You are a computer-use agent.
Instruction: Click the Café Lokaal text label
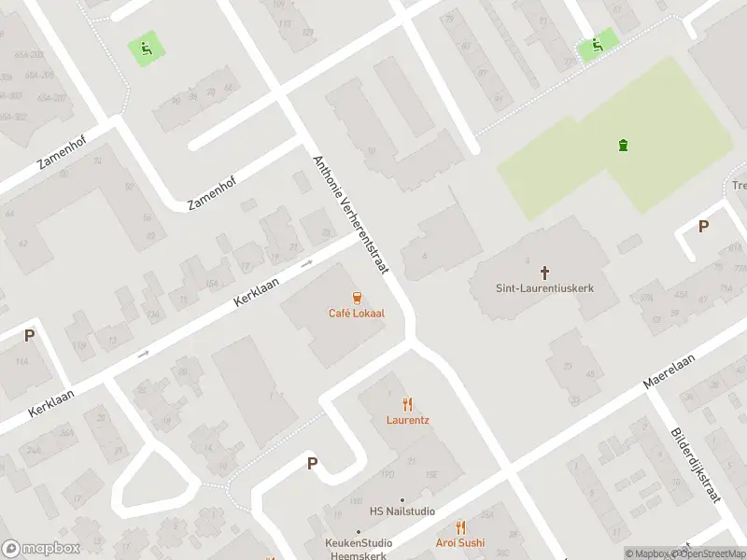(356, 314)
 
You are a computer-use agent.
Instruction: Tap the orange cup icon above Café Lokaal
(356, 298)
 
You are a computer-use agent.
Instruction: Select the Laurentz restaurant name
(408, 420)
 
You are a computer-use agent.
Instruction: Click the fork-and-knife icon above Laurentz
(407, 404)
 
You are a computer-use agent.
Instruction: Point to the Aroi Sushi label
(459, 542)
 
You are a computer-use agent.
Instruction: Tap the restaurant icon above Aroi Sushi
(459, 527)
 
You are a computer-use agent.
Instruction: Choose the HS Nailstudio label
(402, 511)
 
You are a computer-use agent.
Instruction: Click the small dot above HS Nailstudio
(402, 499)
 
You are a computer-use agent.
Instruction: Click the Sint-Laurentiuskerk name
(544, 288)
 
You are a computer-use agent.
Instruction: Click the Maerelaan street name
(670, 370)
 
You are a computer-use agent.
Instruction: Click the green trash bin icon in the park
(623, 144)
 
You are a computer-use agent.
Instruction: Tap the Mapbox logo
(40, 549)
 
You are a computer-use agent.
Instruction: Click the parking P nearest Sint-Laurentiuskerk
(703, 226)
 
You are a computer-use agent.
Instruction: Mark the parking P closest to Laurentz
(312, 463)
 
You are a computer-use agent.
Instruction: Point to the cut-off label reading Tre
(739, 186)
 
